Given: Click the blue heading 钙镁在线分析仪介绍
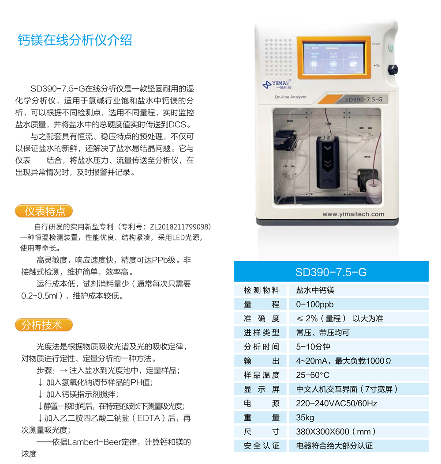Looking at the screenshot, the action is coord(75,40).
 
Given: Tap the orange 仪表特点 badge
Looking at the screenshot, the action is coord(44,211).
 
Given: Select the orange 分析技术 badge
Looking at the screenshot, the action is coord(44,325).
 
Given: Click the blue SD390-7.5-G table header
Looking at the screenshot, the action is coord(331,271).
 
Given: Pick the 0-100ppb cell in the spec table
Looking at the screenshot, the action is coord(314,304).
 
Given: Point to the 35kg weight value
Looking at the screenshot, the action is coord(305,418).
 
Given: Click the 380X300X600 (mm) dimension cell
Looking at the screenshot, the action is coord(336,432).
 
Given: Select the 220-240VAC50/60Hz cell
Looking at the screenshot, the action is coord(336,403).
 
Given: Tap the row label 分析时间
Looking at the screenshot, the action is coord(262,347).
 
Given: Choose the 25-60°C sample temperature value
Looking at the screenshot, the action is coord(313,375).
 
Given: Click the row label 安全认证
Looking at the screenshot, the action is coord(262,446).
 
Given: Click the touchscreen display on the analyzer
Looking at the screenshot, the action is coord(334,58).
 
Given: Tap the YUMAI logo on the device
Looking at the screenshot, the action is coord(277,84).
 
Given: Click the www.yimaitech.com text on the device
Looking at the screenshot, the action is coord(353,214).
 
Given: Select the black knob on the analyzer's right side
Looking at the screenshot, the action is coord(393,69).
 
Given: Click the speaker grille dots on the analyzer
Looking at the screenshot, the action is coord(278,57).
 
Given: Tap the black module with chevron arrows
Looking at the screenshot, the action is coord(327,162).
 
